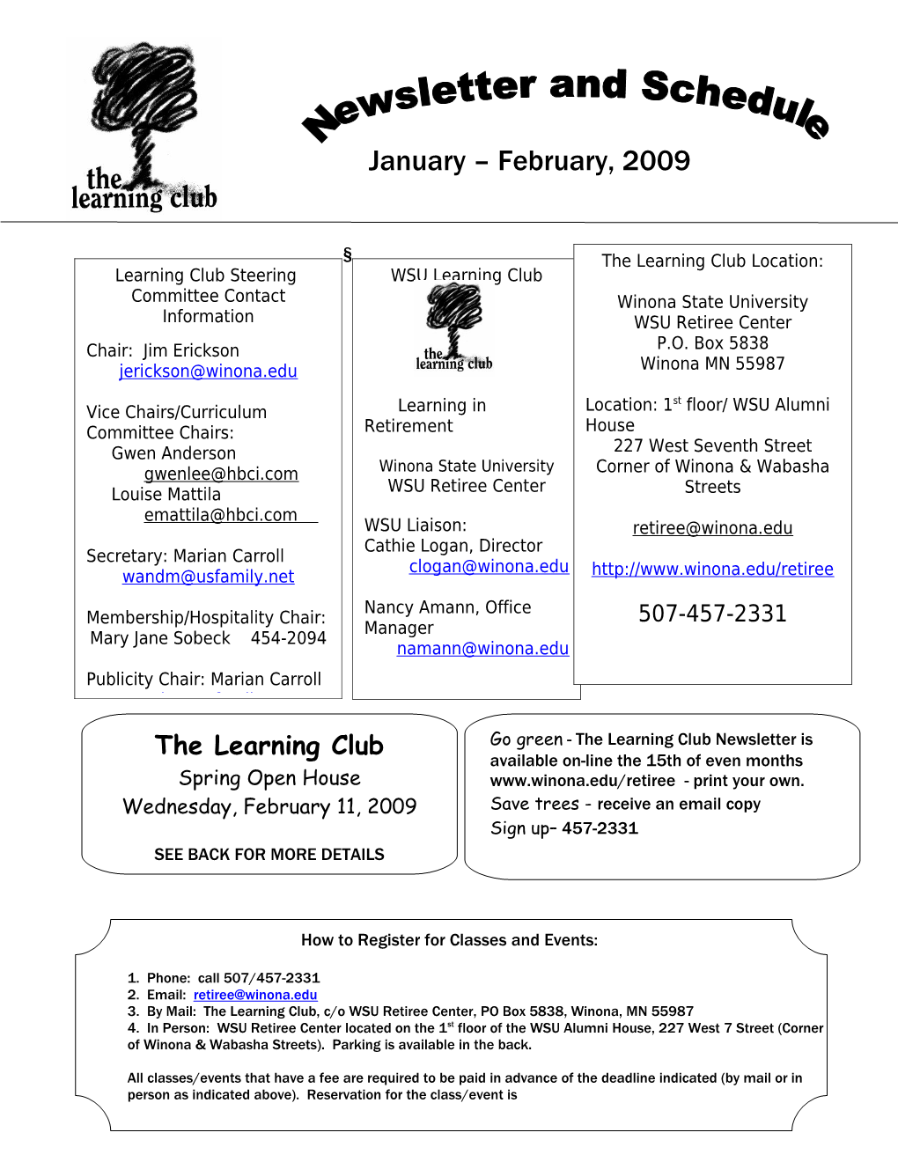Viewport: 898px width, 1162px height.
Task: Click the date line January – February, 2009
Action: point(528,161)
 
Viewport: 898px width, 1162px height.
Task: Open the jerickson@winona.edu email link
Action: point(208,371)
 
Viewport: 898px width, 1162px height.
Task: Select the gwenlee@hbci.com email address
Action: point(221,474)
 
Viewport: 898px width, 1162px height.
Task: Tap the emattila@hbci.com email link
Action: point(221,515)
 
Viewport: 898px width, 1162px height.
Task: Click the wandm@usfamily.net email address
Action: point(208,577)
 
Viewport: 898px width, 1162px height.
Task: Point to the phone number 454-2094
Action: point(288,638)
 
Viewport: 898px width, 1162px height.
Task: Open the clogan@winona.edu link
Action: point(489,567)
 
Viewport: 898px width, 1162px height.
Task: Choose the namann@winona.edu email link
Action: point(482,649)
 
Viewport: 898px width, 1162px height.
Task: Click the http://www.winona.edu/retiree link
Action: point(712,570)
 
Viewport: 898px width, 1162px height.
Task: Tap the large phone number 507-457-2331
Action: point(712,614)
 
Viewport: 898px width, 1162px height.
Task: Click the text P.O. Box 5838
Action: point(712,343)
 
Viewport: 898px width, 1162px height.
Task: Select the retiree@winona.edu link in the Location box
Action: point(712,528)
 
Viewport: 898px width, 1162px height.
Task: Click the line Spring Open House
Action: point(269,778)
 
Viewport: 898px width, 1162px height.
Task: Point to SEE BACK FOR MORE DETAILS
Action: point(269,855)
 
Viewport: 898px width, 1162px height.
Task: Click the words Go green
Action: point(526,739)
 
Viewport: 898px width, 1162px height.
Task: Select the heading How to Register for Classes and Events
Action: point(449,940)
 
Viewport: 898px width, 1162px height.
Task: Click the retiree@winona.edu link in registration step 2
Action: point(255,995)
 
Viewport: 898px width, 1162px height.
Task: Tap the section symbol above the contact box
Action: point(348,255)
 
